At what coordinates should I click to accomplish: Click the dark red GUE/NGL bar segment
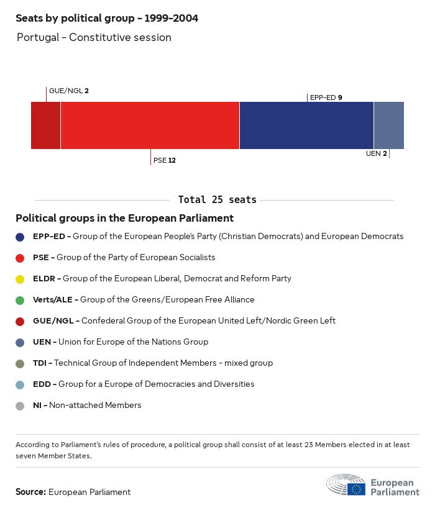click(45, 125)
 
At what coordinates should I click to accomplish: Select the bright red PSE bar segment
click(150, 125)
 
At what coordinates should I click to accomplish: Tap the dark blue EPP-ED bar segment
click(306, 125)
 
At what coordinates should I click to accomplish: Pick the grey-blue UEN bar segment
click(388, 125)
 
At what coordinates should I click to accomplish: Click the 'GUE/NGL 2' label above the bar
click(69, 91)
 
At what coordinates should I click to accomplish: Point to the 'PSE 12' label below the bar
click(165, 160)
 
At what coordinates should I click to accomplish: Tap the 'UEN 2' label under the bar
click(377, 153)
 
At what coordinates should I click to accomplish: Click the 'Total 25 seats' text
click(217, 200)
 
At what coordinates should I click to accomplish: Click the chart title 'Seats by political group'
click(107, 19)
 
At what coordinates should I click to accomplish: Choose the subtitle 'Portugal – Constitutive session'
click(94, 37)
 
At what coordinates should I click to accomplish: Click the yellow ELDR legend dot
click(21, 279)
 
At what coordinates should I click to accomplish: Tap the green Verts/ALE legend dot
click(21, 300)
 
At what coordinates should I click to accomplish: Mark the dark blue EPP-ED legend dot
click(21, 237)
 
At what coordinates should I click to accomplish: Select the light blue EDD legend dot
click(21, 384)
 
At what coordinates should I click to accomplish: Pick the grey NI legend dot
click(21, 406)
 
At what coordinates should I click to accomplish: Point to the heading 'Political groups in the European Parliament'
click(124, 219)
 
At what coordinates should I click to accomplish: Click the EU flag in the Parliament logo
click(357, 488)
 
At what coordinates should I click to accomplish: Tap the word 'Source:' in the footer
click(30, 492)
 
